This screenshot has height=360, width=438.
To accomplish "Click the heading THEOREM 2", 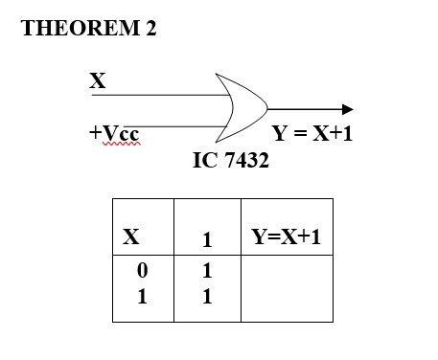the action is (88, 29).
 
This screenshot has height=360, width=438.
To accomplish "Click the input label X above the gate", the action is (97, 81).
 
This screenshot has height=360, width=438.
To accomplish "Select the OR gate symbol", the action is (242, 106).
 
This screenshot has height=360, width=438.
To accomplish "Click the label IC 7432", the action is (231, 161).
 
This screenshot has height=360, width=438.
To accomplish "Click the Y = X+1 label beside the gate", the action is (312, 134).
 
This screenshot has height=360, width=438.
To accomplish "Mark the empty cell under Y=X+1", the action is (287, 287).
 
